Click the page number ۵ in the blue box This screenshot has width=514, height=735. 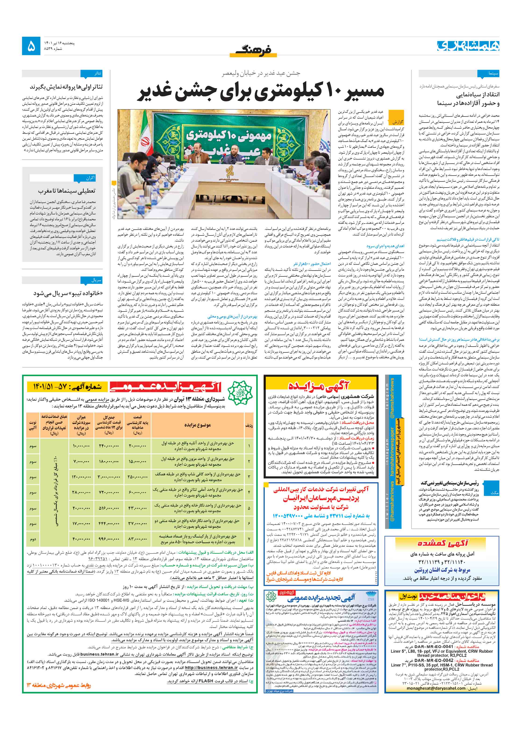pyautogui.click(x=31, y=46)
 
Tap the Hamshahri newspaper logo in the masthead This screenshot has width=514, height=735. pyautogui.click(x=468, y=46)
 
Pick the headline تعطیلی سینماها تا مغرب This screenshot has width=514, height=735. pyautogui.click(x=67, y=191)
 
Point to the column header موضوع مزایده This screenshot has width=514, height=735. pyautogui.click(x=197, y=425)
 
